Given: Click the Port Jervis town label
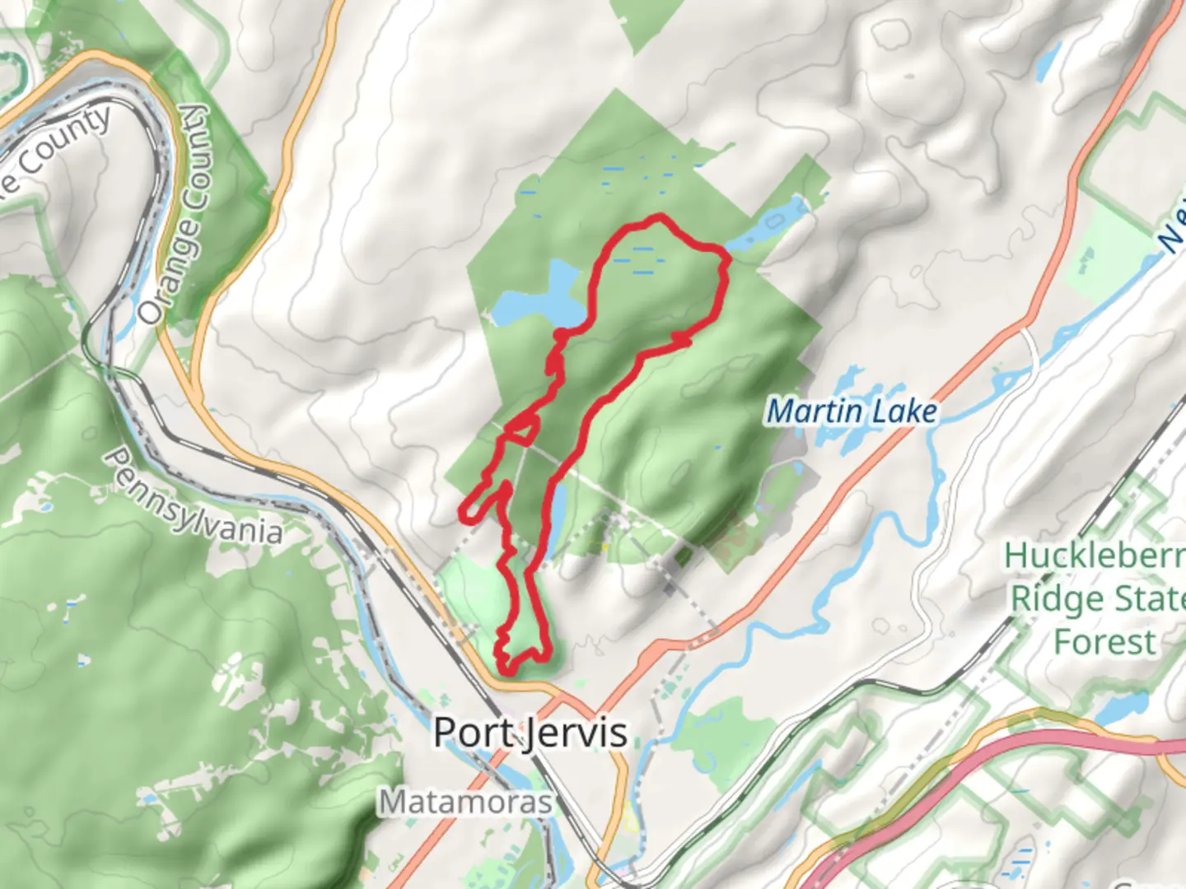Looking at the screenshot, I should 530,732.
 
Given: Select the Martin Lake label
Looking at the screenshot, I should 852,411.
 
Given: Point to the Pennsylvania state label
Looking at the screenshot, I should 193,499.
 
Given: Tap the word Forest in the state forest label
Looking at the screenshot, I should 1104,641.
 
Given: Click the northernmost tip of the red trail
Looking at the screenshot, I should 658,218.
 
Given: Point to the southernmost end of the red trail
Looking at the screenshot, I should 509,671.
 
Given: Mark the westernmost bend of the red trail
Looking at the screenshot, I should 465,514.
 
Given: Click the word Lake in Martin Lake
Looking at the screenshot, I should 904,411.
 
